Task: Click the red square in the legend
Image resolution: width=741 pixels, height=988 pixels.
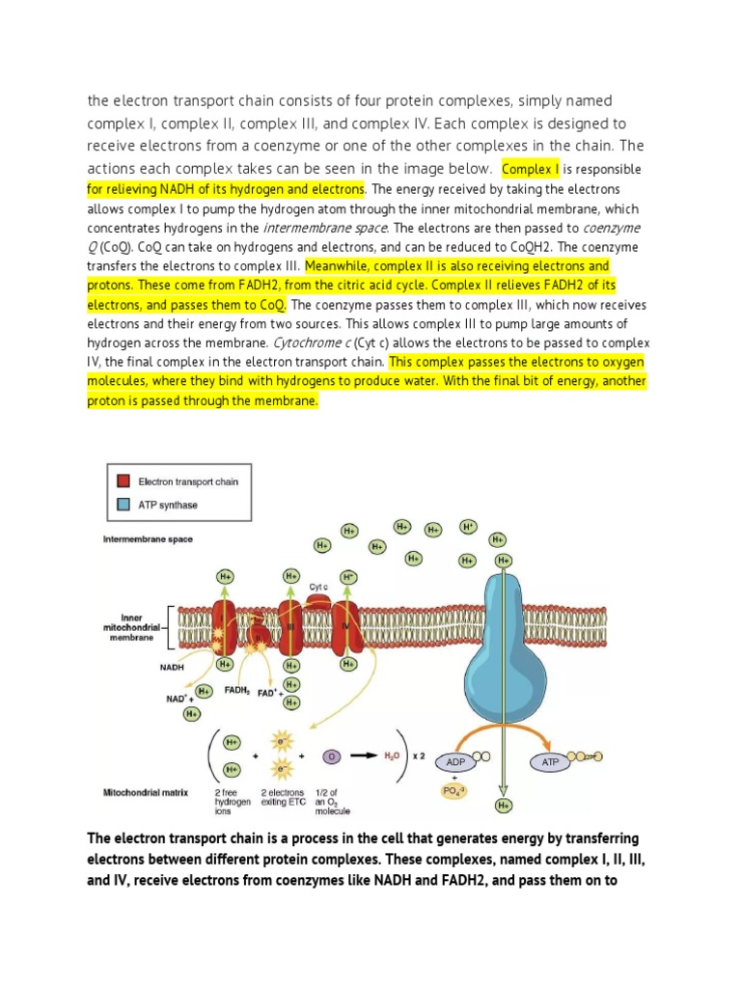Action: [x=123, y=480]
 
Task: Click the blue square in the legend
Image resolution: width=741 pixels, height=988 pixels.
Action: [x=123, y=504]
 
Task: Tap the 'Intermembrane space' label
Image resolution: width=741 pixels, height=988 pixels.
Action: [x=148, y=539]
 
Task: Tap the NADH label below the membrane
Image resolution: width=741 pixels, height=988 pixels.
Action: [x=172, y=665]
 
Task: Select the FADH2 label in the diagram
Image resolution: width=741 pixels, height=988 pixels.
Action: [x=238, y=690]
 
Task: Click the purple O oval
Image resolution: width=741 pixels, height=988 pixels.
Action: [x=331, y=755]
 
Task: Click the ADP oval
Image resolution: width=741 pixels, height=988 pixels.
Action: [x=454, y=761]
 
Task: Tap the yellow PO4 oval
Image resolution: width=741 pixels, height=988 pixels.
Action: [x=454, y=793]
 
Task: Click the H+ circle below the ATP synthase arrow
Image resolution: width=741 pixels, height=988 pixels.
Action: [x=502, y=805]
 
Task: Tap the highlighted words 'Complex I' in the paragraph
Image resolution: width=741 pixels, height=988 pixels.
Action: [x=532, y=169]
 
